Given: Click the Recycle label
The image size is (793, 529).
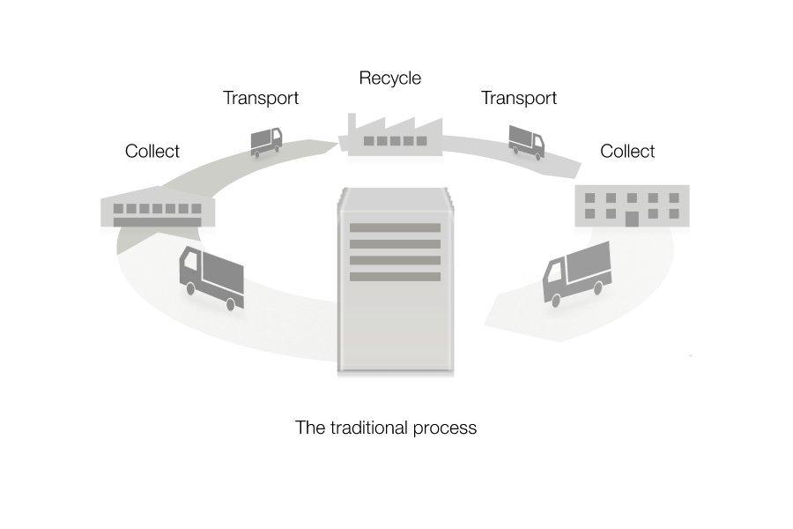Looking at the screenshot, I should [389, 78].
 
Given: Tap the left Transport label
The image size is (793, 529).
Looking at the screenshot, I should [260, 98].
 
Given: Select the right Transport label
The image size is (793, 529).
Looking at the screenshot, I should [518, 98].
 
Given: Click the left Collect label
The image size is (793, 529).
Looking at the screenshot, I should [152, 152].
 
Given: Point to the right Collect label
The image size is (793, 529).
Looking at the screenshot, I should [626, 152].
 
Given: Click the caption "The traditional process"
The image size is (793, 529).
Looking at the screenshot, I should [385, 428].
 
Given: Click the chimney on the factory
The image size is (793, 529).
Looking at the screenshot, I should [351, 123].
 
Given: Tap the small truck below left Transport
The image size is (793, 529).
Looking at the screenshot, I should [266, 142].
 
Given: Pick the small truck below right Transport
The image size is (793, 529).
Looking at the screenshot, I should [526, 141].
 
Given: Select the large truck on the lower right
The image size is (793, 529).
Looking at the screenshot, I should [577, 272].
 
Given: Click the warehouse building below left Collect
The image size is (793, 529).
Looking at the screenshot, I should [158, 208].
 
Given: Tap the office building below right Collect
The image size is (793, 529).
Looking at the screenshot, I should [631, 206].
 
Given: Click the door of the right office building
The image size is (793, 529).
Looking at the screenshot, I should [631, 218].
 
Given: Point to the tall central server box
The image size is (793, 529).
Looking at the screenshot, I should [395, 282].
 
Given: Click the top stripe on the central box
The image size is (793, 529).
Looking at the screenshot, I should [395, 228].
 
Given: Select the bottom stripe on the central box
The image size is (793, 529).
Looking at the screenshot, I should [395, 277].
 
